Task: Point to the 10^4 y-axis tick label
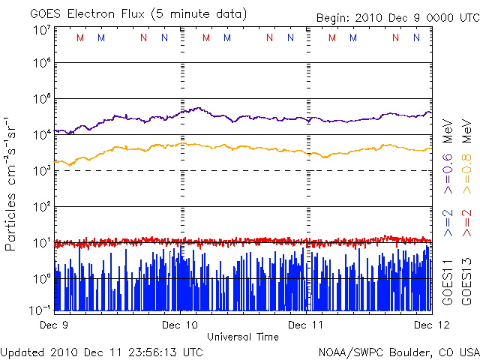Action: [42, 134]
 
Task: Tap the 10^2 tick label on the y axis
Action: [42, 206]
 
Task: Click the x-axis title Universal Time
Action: [242, 337]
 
